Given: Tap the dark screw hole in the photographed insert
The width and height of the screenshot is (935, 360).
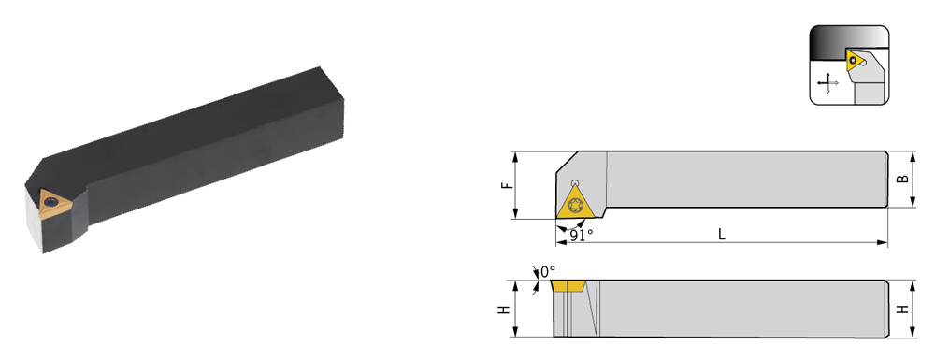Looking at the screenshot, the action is pyautogui.click(x=51, y=202).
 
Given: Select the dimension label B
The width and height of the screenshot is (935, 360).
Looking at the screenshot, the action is pyautogui.click(x=904, y=179).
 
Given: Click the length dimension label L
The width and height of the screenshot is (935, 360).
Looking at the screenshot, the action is pyautogui.click(x=721, y=235).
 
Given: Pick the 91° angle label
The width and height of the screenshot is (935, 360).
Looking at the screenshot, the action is pyautogui.click(x=581, y=235).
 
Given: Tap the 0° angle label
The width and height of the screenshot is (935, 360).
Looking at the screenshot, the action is pyautogui.click(x=547, y=272).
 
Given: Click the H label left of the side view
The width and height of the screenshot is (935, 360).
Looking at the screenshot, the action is pyautogui.click(x=505, y=310).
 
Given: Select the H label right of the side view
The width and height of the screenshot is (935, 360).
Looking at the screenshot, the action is pyautogui.click(x=904, y=310).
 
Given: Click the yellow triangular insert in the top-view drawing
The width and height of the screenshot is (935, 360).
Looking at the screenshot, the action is pyautogui.click(x=575, y=203).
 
